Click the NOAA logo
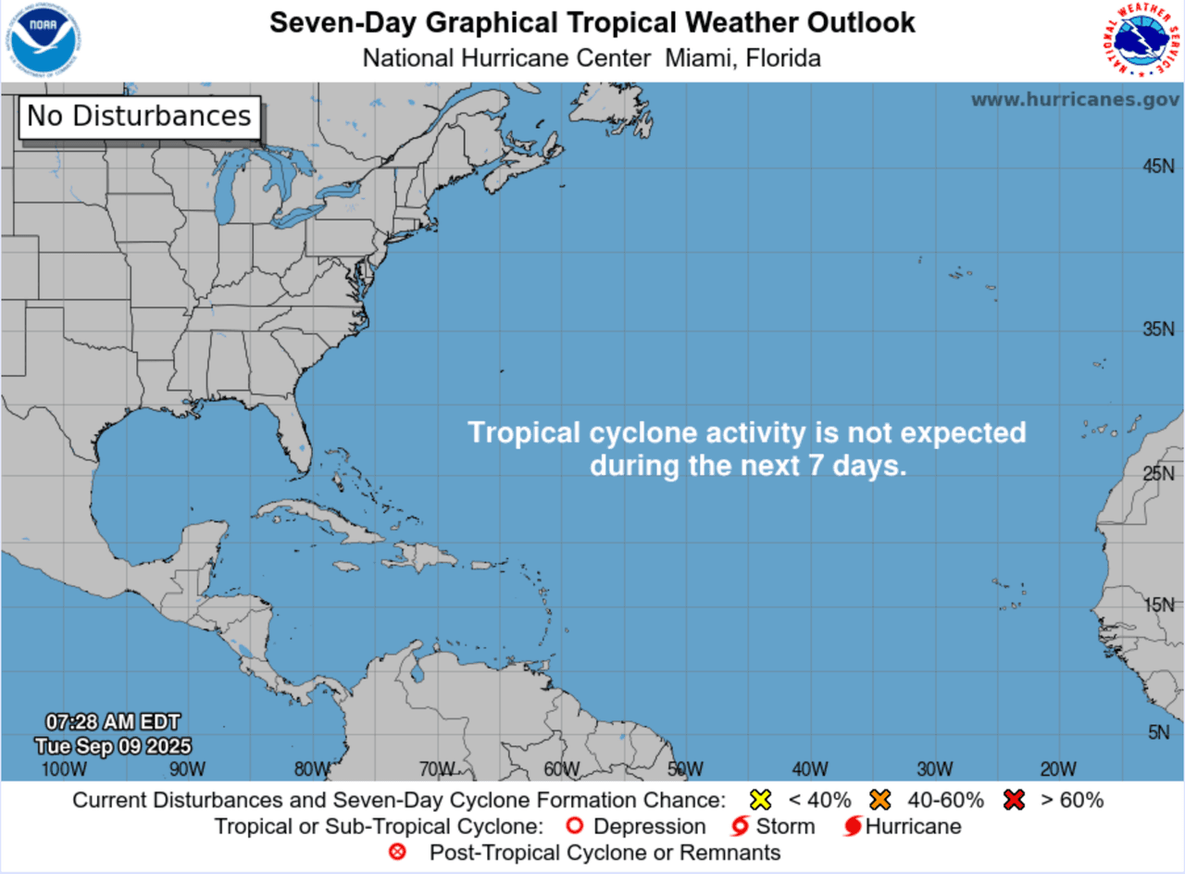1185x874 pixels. pyautogui.click(x=44, y=41)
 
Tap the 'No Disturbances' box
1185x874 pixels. pyautogui.click(x=139, y=117)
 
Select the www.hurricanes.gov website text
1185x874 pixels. pyautogui.click(x=1075, y=100)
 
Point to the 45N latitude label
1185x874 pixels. pyautogui.click(x=1157, y=167)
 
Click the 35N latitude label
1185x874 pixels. pyautogui.click(x=1157, y=330)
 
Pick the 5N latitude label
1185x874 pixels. pyautogui.click(x=1159, y=733)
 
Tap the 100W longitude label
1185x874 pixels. pyautogui.click(x=64, y=769)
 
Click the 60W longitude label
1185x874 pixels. pyautogui.click(x=562, y=769)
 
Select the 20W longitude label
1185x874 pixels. pyautogui.click(x=1057, y=769)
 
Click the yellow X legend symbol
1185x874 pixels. pyautogui.click(x=760, y=800)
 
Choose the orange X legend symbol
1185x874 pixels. pyautogui.click(x=879, y=800)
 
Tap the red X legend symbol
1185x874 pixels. pyautogui.click(x=1014, y=800)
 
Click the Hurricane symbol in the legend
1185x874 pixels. pyautogui.click(x=854, y=826)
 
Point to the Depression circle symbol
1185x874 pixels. pyautogui.click(x=575, y=826)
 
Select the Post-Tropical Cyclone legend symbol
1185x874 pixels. pyautogui.click(x=398, y=852)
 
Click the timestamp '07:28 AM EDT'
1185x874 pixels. pyautogui.click(x=113, y=722)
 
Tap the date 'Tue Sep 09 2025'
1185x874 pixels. pyautogui.click(x=113, y=745)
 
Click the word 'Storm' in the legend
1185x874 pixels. pyautogui.click(x=785, y=826)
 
